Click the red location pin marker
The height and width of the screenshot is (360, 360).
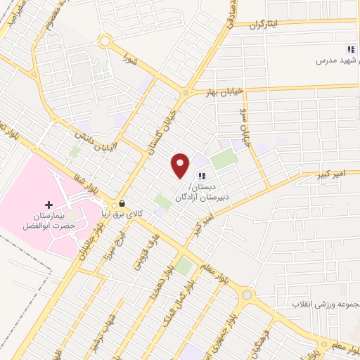(181, 165)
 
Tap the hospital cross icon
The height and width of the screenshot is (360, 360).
(49, 204)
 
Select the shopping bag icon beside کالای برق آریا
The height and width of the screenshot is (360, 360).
(123, 204)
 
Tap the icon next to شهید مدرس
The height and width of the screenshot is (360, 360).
(349, 49)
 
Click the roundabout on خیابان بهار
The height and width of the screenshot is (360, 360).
(186, 93)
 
